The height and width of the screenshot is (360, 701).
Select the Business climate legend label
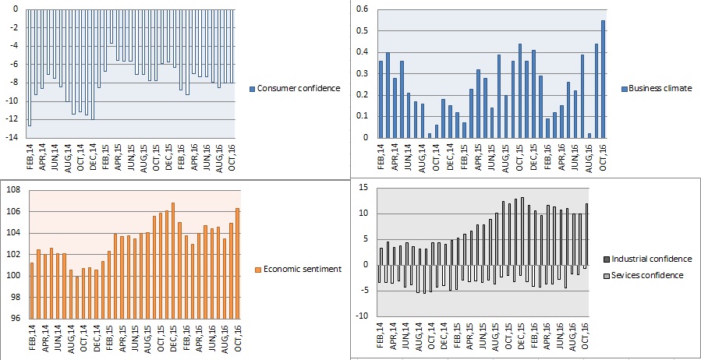(x=660, y=88)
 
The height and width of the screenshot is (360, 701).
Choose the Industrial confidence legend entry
(x=651, y=259)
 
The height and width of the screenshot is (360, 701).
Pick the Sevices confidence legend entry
(x=647, y=275)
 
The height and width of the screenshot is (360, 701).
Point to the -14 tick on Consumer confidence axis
(x=12, y=137)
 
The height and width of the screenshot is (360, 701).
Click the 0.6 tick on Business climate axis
(x=361, y=9)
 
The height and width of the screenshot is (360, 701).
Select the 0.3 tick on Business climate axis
(x=361, y=73)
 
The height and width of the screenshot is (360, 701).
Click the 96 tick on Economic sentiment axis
(x=14, y=318)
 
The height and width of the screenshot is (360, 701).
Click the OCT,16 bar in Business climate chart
(x=603, y=79)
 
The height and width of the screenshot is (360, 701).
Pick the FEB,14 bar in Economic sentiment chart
(x=32, y=290)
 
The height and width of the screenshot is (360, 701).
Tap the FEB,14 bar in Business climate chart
(x=381, y=99)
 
